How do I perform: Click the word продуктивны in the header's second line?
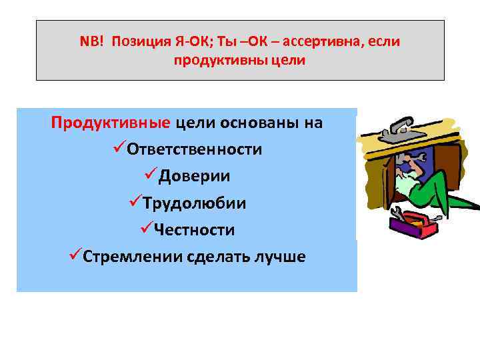[213, 61]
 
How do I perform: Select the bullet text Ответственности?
[194, 149]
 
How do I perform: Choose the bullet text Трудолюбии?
[194, 203]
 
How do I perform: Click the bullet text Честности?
[194, 229]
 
